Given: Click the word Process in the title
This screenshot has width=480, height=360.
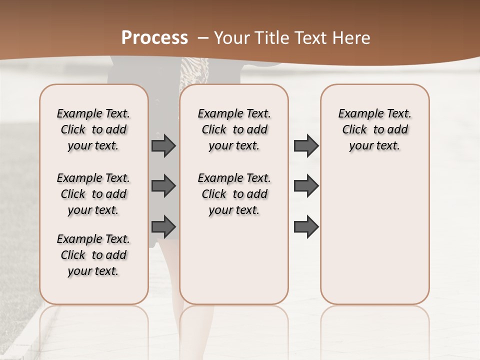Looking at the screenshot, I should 154,37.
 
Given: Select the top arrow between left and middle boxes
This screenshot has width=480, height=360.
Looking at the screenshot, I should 163,146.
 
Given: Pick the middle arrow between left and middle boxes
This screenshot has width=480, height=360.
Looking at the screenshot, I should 163,186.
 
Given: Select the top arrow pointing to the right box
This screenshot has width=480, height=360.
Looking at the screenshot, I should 306,146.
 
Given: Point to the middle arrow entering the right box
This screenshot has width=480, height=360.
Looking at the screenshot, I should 306,186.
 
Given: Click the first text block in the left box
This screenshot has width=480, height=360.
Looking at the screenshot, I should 93,129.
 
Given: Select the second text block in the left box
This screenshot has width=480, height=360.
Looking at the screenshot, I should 93,194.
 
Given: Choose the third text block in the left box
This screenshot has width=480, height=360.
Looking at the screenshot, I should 93,255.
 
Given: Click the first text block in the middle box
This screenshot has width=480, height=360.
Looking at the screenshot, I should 234,129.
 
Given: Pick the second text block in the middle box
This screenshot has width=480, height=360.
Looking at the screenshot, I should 234,194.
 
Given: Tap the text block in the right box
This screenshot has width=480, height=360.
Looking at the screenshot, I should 374,129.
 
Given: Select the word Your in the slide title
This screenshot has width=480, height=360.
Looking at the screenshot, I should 230,38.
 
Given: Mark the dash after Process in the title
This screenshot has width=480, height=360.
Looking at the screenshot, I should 203,37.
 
